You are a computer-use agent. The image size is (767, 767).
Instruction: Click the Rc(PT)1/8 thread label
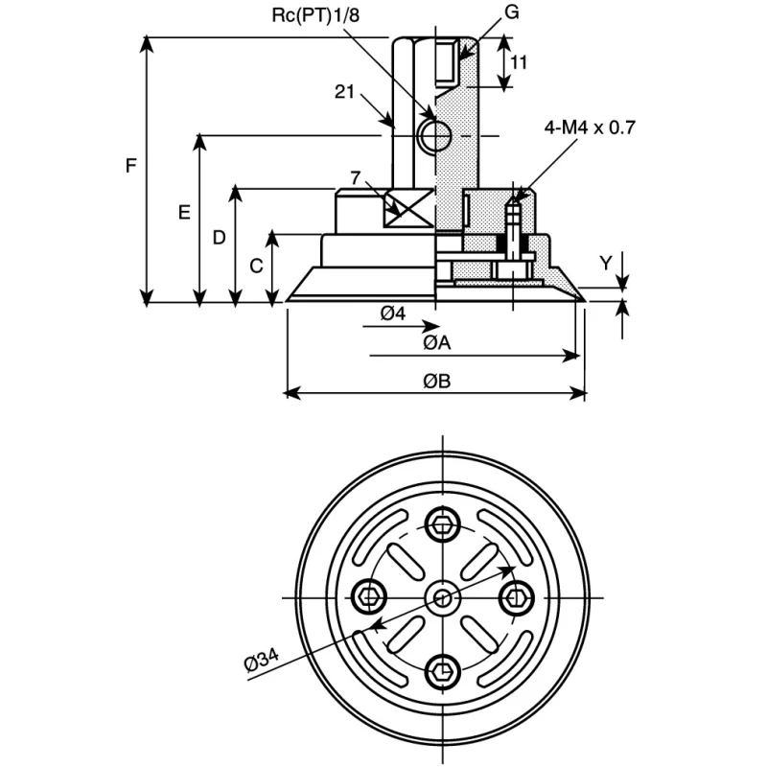coord(315,15)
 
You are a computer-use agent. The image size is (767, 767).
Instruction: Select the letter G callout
coord(511,12)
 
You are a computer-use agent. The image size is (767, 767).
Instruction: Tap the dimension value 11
coord(519,62)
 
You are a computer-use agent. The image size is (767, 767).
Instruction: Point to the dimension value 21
coord(344,91)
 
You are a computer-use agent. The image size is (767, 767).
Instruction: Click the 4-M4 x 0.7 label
coord(590,128)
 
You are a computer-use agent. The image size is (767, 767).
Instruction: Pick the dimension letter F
coord(130,166)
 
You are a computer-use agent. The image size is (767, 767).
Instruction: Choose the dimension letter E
coord(184,213)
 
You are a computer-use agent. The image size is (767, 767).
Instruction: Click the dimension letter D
coord(220,238)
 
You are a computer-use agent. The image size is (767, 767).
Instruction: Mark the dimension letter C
coord(256,267)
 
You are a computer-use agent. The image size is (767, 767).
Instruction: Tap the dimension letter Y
coord(606,263)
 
